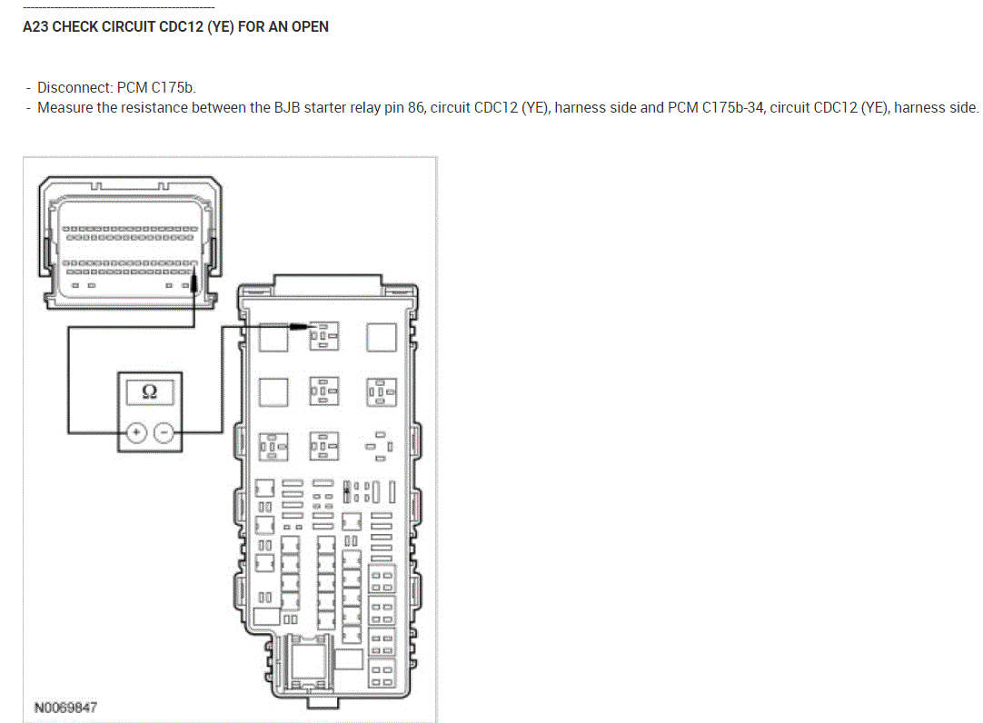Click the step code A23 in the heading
pos(35,27)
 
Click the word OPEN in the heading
pos(309,27)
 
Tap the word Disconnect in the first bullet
pos(74,88)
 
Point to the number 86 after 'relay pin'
pos(417,108)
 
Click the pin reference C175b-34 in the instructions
pos(733,108)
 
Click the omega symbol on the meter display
pos(150,391)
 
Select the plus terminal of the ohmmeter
pos(135,432)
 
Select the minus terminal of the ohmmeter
pos(164,432)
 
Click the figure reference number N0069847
pos(66,707)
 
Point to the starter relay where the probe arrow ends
pos(323,339)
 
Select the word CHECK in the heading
pos(74,27)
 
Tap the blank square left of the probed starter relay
pos(273,338)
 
